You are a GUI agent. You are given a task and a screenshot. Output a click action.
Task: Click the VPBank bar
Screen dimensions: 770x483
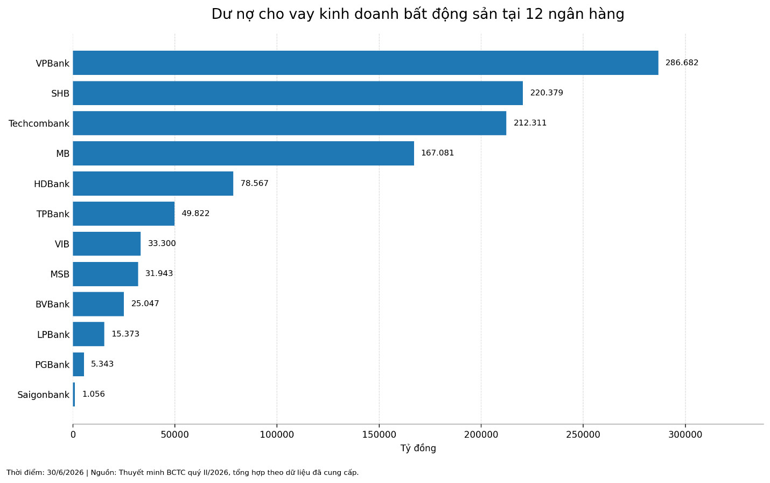click(x=366, y=63)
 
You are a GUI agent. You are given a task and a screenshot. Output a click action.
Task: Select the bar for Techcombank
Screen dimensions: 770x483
click(x=290, y=123)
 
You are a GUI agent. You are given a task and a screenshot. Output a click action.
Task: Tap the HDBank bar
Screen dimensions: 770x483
click(x=153, y=183)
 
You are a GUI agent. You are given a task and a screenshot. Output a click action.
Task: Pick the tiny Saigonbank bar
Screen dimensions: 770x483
click(x=74, y=394)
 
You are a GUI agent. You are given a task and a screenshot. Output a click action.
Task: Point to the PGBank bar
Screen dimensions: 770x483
click(x=79, y=364)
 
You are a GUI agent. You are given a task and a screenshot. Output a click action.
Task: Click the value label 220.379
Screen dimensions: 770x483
click(x=547, y=93)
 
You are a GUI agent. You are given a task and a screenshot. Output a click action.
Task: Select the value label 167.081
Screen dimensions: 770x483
click(x=438, y=153)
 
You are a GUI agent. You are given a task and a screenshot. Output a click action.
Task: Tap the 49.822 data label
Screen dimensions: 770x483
click(x=195, y=213)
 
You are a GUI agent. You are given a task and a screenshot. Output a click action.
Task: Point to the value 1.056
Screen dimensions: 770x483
click(x=94, y=394)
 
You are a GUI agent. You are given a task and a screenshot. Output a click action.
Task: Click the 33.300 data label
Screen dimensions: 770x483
click(x=162, y=244)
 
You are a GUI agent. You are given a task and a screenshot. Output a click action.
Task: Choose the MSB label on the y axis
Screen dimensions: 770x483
click(x=60, y=274)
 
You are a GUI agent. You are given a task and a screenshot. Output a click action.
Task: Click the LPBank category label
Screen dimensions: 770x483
click(x=53, y=334)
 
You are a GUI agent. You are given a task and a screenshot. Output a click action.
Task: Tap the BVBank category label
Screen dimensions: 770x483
click(x=53, y=304)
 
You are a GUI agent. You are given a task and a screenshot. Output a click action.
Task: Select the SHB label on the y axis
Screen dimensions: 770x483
click(x=60, y=93)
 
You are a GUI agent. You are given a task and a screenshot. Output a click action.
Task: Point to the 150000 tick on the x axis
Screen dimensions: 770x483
click(x=379, y=435)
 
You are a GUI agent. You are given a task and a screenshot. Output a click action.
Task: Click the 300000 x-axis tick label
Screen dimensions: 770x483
click(x=685, y=435)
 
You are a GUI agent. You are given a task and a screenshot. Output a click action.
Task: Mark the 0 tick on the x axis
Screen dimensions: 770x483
click(x=73, y=435)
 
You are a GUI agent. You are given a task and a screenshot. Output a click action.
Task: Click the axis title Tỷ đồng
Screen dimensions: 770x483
click(x=418, y=448)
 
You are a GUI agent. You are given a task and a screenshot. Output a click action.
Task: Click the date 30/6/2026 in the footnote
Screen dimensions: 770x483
click(x=65, y=473)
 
